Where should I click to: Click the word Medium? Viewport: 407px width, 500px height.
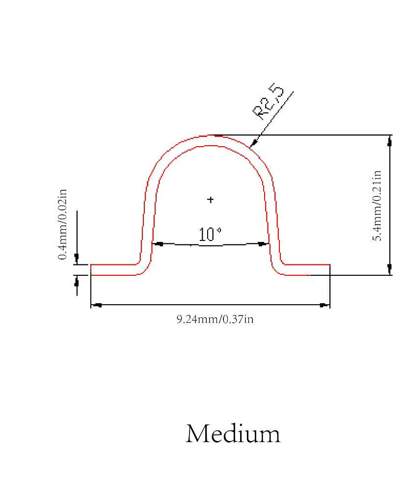point(233,434)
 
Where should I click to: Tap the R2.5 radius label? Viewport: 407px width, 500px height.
point(268,102)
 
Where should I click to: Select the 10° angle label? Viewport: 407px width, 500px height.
point(210,235)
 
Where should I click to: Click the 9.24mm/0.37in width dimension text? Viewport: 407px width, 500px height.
point(215,319)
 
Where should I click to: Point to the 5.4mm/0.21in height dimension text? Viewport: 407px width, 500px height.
point(377,206)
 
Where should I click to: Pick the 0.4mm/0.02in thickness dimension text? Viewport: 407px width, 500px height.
point(62,225)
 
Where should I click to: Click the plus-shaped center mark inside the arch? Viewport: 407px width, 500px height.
point(210,200)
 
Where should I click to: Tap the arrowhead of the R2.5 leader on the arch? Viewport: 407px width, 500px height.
point(253,143)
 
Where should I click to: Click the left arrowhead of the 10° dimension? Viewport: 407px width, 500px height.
point(158,244)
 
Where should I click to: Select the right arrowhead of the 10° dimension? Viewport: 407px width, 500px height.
point(263,244)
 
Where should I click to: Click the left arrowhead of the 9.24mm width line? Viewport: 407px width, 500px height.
point(96,305)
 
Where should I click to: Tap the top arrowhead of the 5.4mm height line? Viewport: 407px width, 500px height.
point(389,141)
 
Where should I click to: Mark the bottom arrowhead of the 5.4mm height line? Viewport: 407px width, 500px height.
point(389,269)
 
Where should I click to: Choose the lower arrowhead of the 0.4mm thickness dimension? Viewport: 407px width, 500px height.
point(77,281)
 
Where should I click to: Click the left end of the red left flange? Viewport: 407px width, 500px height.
point(91,270)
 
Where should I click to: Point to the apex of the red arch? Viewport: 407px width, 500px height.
point(210,135)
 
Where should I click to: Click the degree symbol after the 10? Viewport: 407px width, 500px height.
point(219,230)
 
